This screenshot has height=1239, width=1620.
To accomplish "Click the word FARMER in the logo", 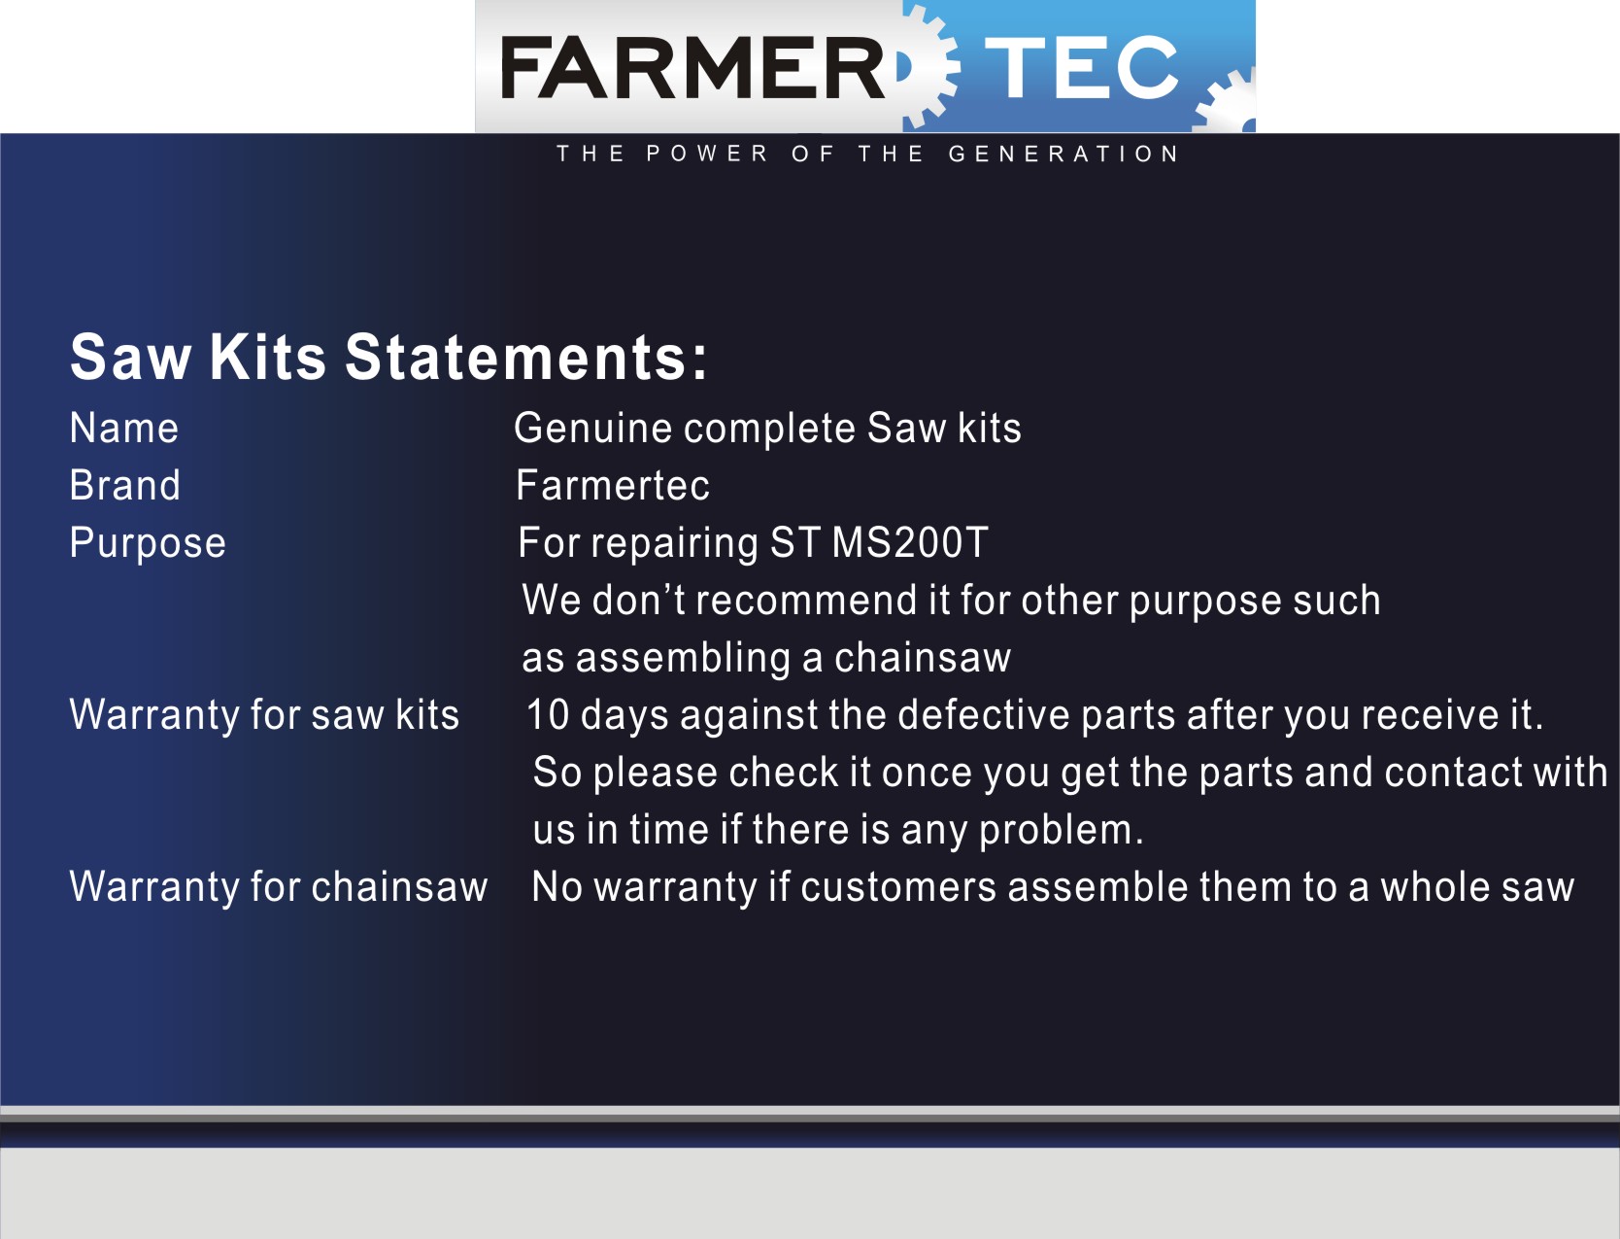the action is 692,67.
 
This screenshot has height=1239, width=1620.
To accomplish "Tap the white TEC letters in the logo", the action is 1082,67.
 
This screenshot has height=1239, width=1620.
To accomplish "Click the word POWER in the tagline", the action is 707,154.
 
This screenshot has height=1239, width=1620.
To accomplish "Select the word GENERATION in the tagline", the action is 1063,154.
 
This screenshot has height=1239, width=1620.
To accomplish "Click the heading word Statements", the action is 526,358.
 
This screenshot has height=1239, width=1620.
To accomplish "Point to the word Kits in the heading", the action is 267,358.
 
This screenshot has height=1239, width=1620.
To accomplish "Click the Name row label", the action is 124,429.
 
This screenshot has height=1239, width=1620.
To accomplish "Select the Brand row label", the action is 124,485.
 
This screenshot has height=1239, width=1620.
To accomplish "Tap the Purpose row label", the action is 148,544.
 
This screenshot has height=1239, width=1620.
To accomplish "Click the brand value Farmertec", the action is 613,485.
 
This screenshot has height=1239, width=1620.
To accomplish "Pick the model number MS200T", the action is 909,542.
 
